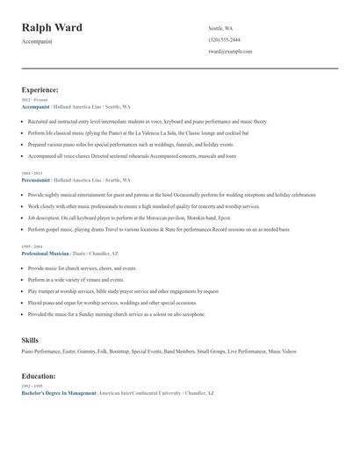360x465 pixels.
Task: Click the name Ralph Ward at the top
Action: pyautogui.click(x=52, y=28)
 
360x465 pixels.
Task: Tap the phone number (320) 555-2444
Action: pyautogui.click(x=224, y=39)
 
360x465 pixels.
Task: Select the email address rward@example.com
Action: pyautogui.click(x=230, y=51)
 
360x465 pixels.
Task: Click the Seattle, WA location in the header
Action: pyautogui.click(x=220, y=28)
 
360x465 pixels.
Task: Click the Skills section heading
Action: pyautogui.click(x=30, y=340)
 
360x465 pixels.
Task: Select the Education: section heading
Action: pyautogui.click(x=39, y=376)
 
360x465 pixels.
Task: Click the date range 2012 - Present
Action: pyautogui.click(x=34, y=100)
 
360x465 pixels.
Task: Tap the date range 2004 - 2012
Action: pyautogui.click(x=32, y=174)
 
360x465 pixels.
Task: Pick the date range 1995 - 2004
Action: pyautogui.click(x=32, y=247)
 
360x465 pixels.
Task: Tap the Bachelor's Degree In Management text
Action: pyautogui.click(x=59, y=393)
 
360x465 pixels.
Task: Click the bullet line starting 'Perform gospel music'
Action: pyautogui.click(x=158, y=229)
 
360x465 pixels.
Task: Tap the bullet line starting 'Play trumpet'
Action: pyautogui.click(x=122, y=290)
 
